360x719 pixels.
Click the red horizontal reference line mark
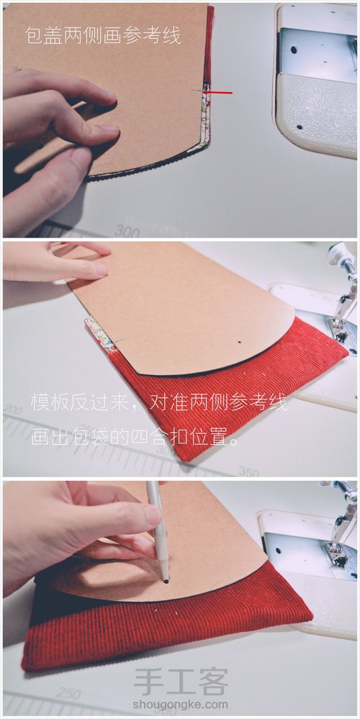pyautogui.click(x=220, y=92)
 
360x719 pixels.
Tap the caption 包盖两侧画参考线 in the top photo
pyautogui.click(x=103, y=34)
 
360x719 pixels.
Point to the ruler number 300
pyautogui.click(x=127, y=231)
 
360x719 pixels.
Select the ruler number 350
pyautogui.click(x=249, y=473)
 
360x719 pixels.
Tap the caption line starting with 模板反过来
pyautogui.click(x=158, y=403)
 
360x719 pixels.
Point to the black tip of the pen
pyautogui.click(x=166, y=579)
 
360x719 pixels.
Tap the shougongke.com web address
pyautogui.click(x=181, y=705)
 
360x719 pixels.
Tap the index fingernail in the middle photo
pyautogui.click(x=98, y=270)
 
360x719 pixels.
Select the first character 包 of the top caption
pyautogui.click(x=33, y=34)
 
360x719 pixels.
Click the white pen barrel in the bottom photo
pyautogui.click(x=156, y=525)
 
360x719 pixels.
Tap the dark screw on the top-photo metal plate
pyautogui.click(x=293, y=50)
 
